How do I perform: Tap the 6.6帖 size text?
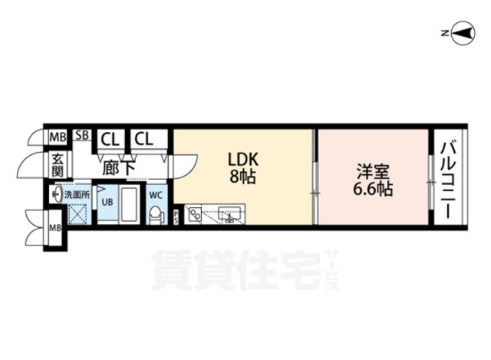tap(373, 187)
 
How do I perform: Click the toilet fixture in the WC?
tap(157, 214)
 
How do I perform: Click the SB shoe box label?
tap(82, 137)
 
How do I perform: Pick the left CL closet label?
tap(110, 139)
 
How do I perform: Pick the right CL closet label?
tap(143, 139)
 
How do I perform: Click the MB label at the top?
tap(58, 138)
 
